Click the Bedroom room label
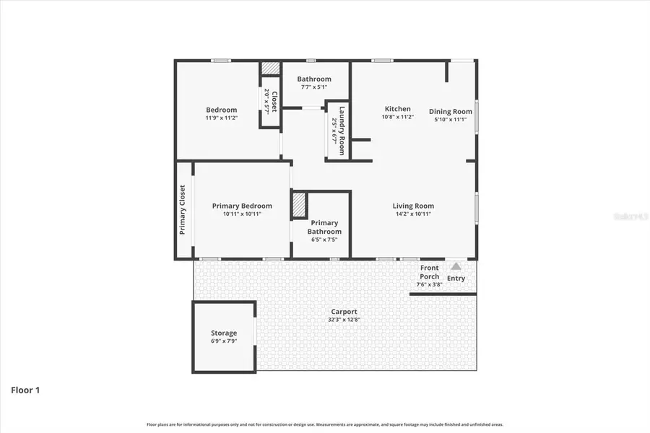(x=221, y=110)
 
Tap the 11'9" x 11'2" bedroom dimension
(x=221, y=118)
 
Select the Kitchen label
(x=397, y=109)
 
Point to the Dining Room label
(x=451, y=111)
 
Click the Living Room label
(x=413, y=206)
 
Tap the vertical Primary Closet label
(x=183, y=210)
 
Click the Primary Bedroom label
(x=242, y=206)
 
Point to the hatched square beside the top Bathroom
(x=270, y=67)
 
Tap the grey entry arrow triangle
(x=456, y=266)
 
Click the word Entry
(x=456, y=278)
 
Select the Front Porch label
(x=429, y=272)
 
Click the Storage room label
(x=224, y=333)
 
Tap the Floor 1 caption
(x=25, y=390)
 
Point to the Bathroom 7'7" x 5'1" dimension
(x=314, y=87)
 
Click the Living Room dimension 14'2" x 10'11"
(x=413, y=214)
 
